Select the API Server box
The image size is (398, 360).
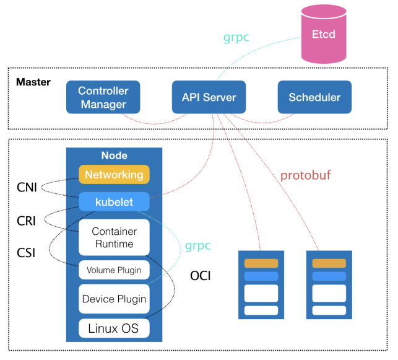click(209, 97)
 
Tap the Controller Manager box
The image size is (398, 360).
click(103, 97)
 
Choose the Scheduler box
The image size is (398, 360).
click(314, 97)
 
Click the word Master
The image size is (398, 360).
click(33, 82)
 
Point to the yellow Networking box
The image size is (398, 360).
click(114, 175)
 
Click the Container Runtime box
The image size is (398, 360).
click(114, 237)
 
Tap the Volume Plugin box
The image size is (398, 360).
click(114, 270)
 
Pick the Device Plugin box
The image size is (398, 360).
click(114, 299)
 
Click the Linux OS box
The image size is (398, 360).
click(114, 328)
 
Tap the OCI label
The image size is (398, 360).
click(200, 275)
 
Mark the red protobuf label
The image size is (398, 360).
click(308, 175)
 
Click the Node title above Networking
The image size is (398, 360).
click(114, 155)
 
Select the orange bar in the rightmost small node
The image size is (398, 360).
click(329, 263)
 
